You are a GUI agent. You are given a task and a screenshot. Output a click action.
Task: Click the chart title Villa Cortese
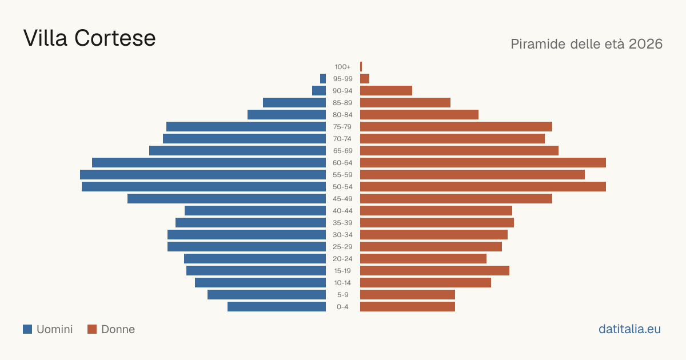[89, 38]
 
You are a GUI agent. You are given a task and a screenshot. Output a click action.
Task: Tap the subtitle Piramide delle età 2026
[587, 44]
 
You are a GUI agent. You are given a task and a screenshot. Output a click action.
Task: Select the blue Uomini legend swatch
[27, 329]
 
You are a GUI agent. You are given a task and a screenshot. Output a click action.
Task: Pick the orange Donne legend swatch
[92, 329]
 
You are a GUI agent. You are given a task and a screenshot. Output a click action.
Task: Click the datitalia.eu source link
[629, 329]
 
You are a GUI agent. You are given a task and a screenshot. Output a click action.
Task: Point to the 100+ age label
[342, 67]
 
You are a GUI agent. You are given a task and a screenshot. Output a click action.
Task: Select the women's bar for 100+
[361, 66]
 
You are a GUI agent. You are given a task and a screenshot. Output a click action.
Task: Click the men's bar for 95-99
[323, 78]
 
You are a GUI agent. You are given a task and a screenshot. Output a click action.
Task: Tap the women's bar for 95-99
[365, 78]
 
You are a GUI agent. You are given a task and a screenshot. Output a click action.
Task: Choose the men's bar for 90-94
[319, 91]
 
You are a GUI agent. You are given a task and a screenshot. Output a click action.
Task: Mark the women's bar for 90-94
[386, 91]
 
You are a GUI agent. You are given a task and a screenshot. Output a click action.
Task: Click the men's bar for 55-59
[203, 174]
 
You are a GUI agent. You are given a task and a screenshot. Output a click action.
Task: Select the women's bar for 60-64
[483, 162]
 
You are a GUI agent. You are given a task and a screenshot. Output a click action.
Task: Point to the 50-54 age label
[342, 187]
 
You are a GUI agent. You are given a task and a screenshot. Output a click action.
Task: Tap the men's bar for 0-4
[277, 306]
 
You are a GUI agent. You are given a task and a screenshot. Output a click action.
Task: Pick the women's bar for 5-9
[408, 294]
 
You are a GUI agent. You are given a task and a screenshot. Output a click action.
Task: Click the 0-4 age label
[342, 307]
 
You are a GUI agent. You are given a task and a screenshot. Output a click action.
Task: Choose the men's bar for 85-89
[294, 102]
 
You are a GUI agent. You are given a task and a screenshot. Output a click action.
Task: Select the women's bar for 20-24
[423, 259]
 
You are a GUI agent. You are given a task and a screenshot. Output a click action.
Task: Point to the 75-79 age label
[342, 127]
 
